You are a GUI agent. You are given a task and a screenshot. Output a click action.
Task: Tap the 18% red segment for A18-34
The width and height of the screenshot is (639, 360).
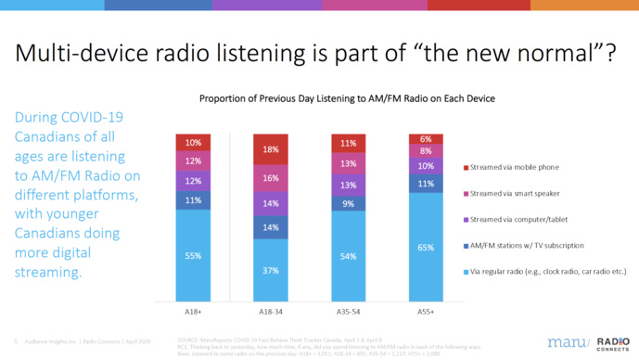tap(271, 149)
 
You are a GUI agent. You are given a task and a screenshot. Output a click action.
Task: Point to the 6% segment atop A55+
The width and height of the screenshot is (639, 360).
tap(426, 139)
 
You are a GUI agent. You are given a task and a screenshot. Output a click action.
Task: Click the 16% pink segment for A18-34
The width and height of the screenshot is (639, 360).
tap(271, 178)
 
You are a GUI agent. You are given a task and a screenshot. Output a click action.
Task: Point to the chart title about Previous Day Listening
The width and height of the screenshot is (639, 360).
tap(346, 98)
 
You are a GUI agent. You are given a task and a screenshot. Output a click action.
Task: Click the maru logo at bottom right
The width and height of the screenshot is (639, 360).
tap(566, 341)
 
